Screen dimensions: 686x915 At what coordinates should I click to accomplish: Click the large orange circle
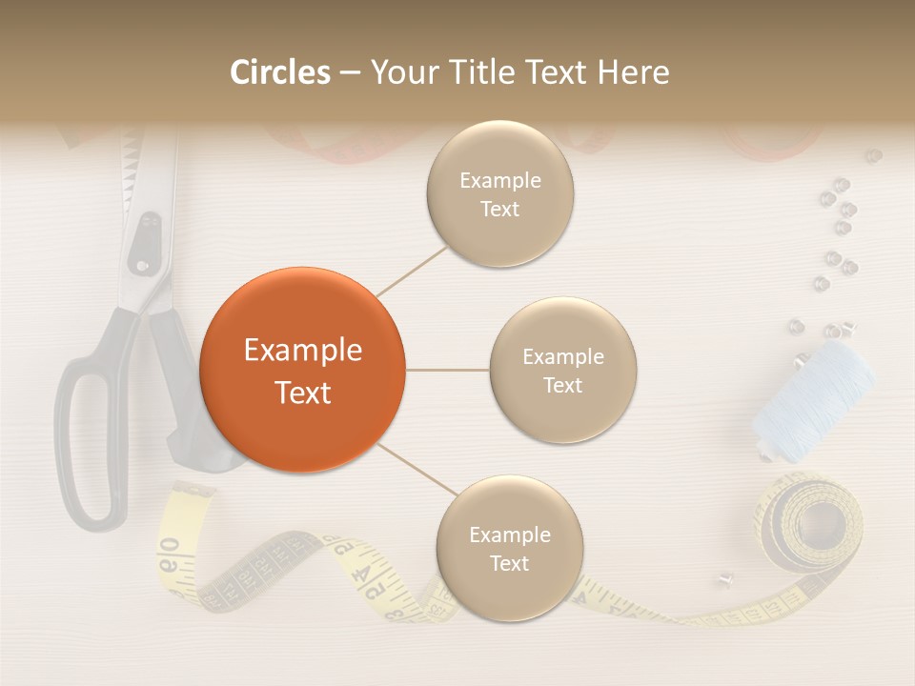tap(302, 370)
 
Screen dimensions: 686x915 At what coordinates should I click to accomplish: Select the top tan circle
tap(500, 194)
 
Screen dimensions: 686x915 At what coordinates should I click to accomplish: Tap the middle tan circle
tap(562, 370)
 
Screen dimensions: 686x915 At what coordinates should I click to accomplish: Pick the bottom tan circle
tap(509, 548)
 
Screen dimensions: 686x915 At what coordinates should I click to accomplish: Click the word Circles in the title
tap(280, 72)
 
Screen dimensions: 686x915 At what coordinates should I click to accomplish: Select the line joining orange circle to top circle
tap(412, 271)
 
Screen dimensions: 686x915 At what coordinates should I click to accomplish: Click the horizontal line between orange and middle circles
tap(447, 370)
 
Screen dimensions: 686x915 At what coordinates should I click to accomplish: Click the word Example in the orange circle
tap(302, 351)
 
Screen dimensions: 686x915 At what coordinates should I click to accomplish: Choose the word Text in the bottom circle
tap(509, 563)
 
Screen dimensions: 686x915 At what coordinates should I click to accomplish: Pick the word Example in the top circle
tap(500, 180)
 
